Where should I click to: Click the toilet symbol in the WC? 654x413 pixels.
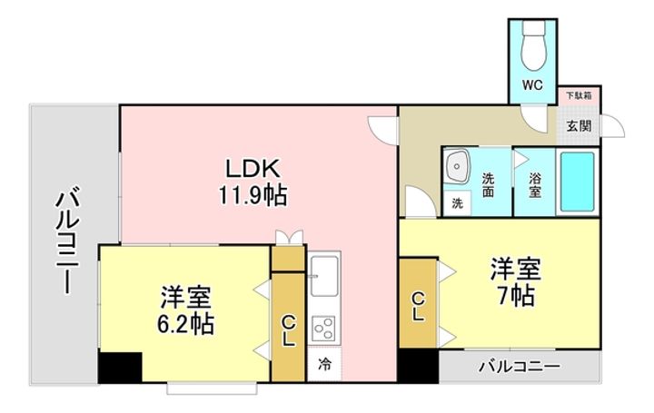tap(534, 45)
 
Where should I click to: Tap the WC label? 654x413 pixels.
tap(532, 85)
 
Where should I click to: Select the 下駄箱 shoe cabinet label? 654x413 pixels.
tap(579, 95)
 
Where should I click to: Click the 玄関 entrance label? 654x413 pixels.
tap(579, 125)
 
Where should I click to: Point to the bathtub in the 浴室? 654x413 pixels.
tap(578, 182)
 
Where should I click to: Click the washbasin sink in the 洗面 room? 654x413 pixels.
tap(457, 167)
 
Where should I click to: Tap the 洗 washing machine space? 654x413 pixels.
tap(458, 203)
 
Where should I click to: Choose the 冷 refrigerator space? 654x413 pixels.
tap(324, 364)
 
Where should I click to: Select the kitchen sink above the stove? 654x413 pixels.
tap(324, 274)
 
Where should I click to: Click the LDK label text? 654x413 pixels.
tap(252, 168)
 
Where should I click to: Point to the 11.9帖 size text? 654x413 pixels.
tap(253, 195)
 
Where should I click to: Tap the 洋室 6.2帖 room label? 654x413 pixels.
tap(185, 310)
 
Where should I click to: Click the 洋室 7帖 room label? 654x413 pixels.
tap(516, 281)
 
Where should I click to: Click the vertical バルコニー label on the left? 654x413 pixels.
tap(67, 241)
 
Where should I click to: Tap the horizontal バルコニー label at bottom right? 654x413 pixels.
tap(519, 367)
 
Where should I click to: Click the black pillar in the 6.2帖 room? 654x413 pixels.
tap(120, 368)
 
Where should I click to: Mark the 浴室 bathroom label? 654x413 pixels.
tap(535, 184)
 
